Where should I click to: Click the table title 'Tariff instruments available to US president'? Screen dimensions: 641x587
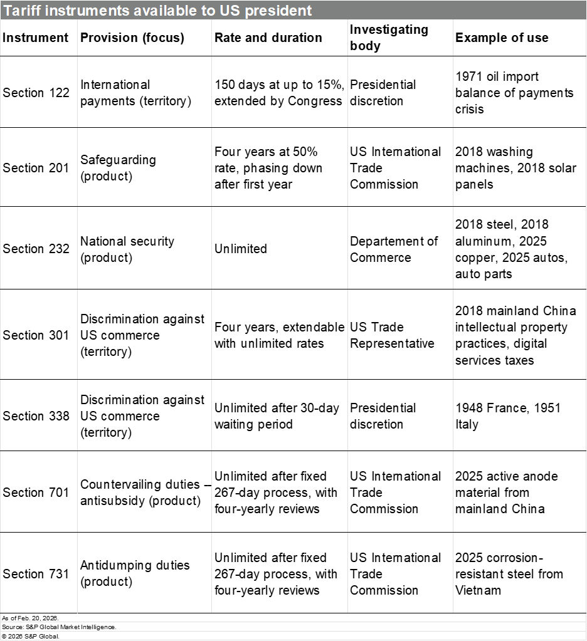tap(157, 11)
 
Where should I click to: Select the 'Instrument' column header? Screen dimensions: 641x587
tap(36, 38)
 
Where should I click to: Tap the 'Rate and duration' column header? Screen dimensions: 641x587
tap(268, 38)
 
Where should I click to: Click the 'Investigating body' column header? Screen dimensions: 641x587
tap(389, 38)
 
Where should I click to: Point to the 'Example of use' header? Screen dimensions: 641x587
tap(502, 38)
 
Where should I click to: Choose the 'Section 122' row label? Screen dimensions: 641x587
tap(36, 93)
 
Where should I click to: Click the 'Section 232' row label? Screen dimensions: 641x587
tap(36, 249)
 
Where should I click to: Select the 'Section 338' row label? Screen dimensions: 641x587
tap(36, 416)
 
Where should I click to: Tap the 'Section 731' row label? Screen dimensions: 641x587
tap(36, 574)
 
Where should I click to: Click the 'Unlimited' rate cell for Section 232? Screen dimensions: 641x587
tap(241, 249)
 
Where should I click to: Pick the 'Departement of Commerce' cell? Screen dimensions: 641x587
tap(394, 249)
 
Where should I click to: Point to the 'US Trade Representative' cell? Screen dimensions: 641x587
tap(392, 335)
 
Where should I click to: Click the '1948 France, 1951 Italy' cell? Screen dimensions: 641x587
tap(508, 416)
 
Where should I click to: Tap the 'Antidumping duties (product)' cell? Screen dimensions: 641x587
tap(135, 573)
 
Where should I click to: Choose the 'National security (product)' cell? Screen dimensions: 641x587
tap(127, 249)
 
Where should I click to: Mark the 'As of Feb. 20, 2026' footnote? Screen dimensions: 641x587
tap(21, 618)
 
